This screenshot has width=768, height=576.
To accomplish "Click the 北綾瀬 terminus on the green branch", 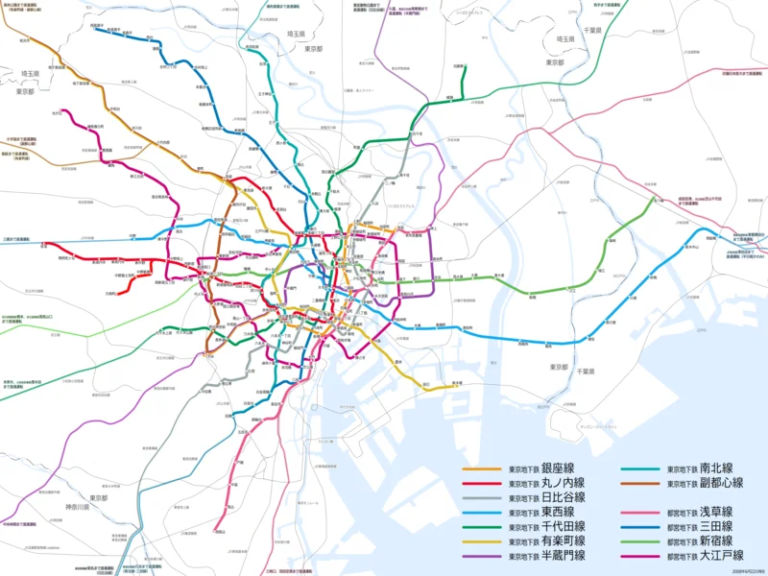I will (460, 67).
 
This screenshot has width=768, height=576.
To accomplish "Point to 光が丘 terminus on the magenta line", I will (57, 112).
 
